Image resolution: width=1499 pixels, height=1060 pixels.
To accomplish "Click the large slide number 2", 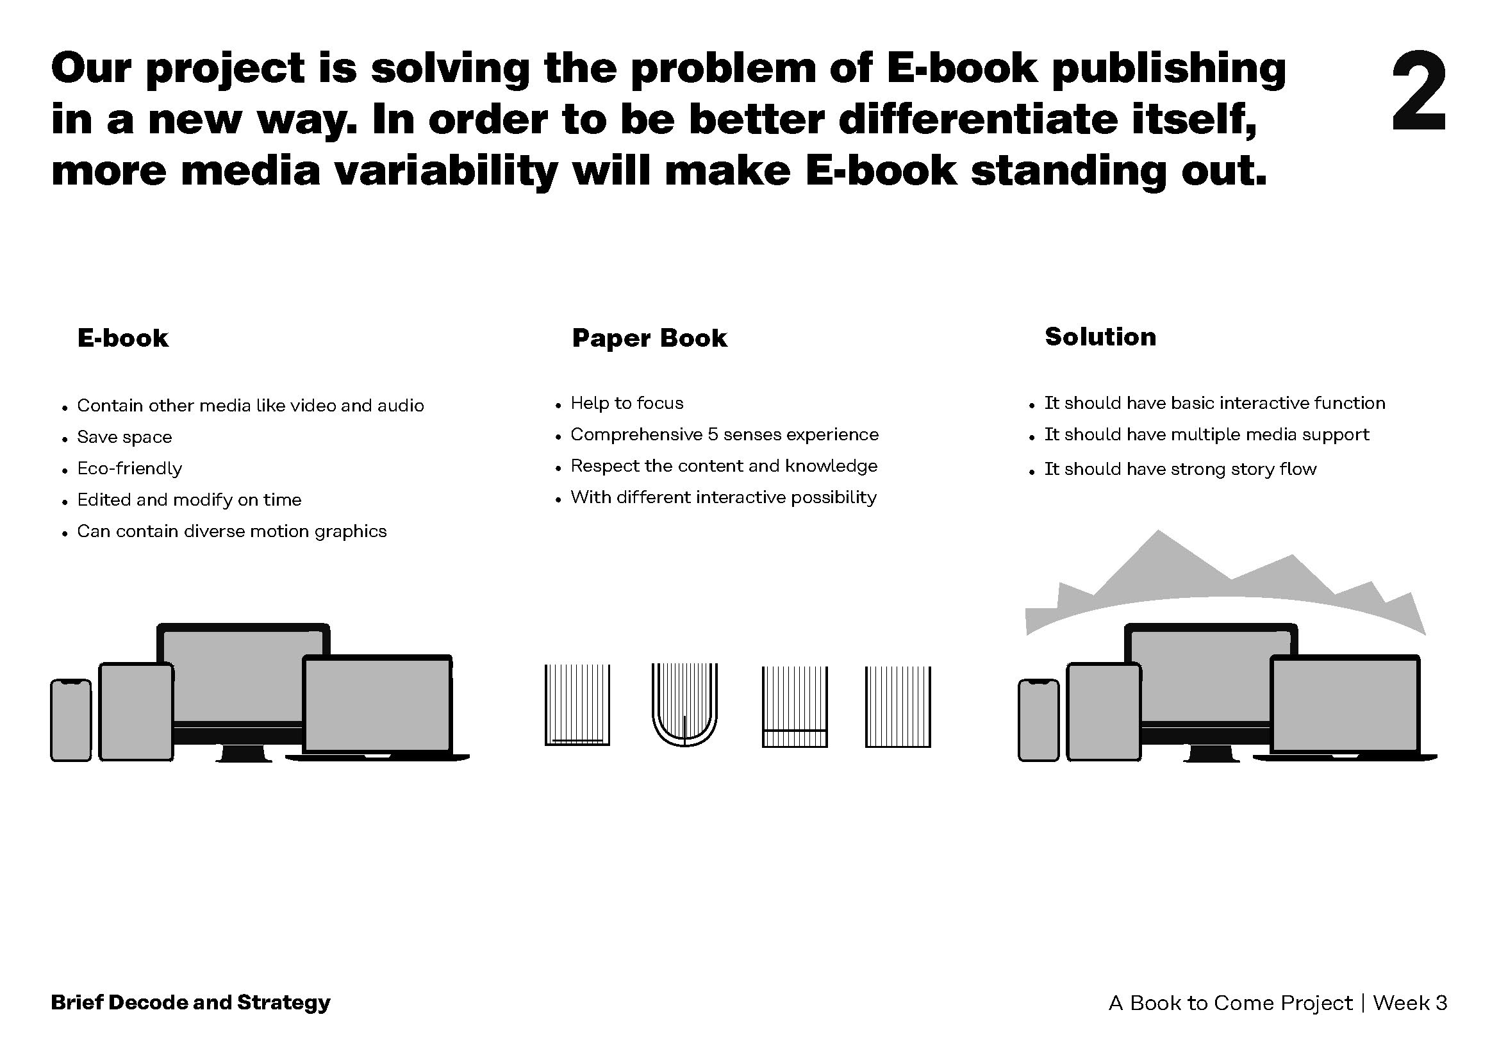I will click(x=1418, y=93).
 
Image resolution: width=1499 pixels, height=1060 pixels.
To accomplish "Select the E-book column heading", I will click(x=123, y=338).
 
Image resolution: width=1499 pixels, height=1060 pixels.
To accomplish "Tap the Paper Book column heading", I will click(x=649, y=338).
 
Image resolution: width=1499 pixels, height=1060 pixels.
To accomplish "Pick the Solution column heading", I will click(x=1100, y=337).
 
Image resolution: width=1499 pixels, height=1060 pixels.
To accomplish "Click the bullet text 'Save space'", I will click(x=124, y=436).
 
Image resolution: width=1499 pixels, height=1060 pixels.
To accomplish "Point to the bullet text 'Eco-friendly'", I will click(x=129, y=468).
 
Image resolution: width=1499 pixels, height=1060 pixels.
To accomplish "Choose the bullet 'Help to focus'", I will click(x=627, y=402).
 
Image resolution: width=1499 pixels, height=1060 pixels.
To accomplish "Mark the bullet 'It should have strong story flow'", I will click(x=1180, y=468).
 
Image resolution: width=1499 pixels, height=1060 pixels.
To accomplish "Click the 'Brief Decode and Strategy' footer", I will click(x=190, y=1002).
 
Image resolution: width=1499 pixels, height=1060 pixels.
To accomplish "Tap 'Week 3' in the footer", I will click(x=1410, y=1002).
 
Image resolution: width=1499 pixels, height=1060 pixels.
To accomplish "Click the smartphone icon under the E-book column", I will click(x=70, y=720).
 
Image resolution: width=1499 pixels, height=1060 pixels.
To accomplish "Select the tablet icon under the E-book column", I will click(x=136, y=711).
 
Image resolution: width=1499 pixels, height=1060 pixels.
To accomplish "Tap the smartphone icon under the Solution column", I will click(x=1038, y=720).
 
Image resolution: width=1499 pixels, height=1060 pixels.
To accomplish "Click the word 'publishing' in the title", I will click(x=1169, y=69).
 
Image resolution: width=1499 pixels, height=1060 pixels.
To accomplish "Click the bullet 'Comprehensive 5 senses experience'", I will click(x=724, y=434).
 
